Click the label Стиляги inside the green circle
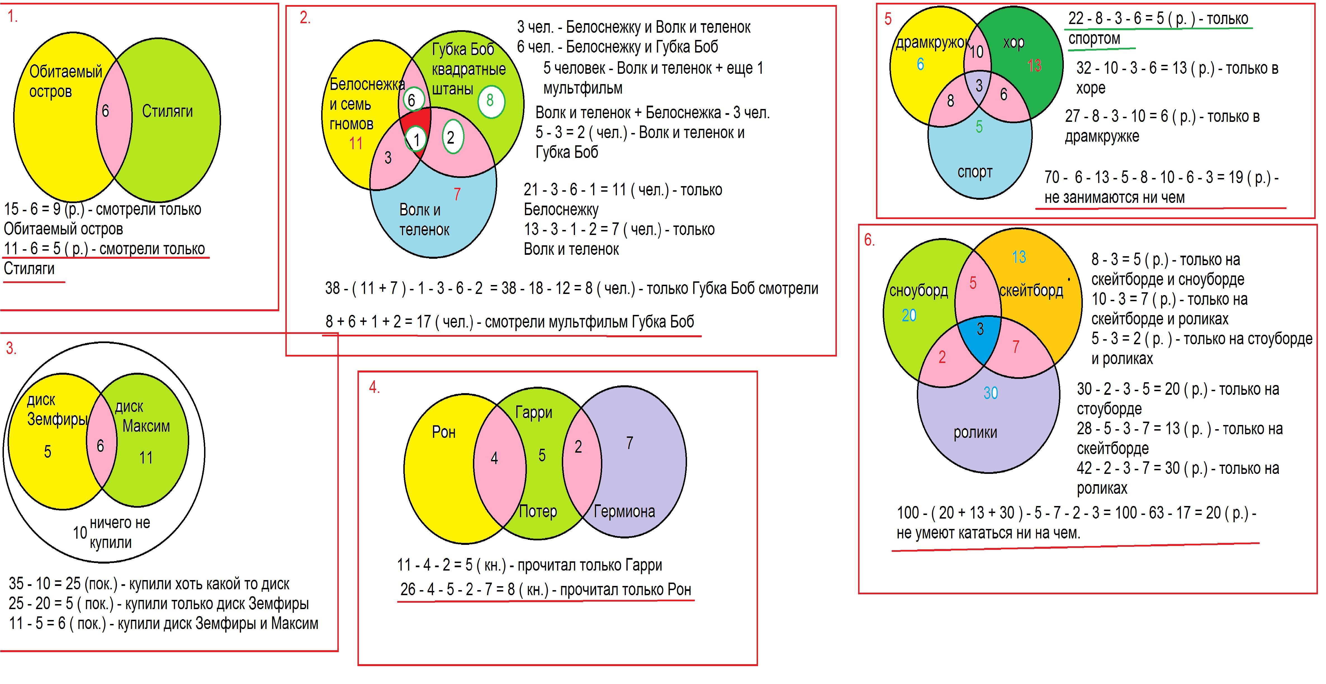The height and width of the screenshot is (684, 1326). (x=167, y=111)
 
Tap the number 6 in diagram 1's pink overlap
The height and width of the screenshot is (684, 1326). (x=106, y=111)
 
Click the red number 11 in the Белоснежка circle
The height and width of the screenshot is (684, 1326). (x=356, y=144)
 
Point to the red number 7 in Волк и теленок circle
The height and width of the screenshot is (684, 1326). (x=457, y=194)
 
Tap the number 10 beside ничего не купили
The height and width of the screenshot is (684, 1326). (x=80, y=533)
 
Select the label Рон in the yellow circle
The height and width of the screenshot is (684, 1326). (x=444, y=432)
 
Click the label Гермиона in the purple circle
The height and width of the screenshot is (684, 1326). (x=624, y=512)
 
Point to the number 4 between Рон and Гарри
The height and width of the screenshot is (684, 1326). (x=494, y=458)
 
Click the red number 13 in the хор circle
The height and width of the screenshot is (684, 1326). (x=1034, y=66)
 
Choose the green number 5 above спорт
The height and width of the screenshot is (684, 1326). (x=979, y=127)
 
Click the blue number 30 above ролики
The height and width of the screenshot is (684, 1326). (x=990, y=393)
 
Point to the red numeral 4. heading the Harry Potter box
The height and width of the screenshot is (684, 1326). (x=374, y=388)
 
